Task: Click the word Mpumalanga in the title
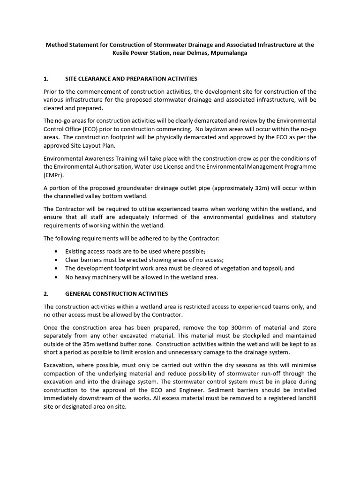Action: point(229,53)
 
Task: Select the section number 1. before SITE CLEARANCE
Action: point(46,78)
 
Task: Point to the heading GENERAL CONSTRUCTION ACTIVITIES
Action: point(116,294)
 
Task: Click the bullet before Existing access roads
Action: point(56,251)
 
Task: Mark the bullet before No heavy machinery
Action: point(56,277)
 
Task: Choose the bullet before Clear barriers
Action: point(56,260)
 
